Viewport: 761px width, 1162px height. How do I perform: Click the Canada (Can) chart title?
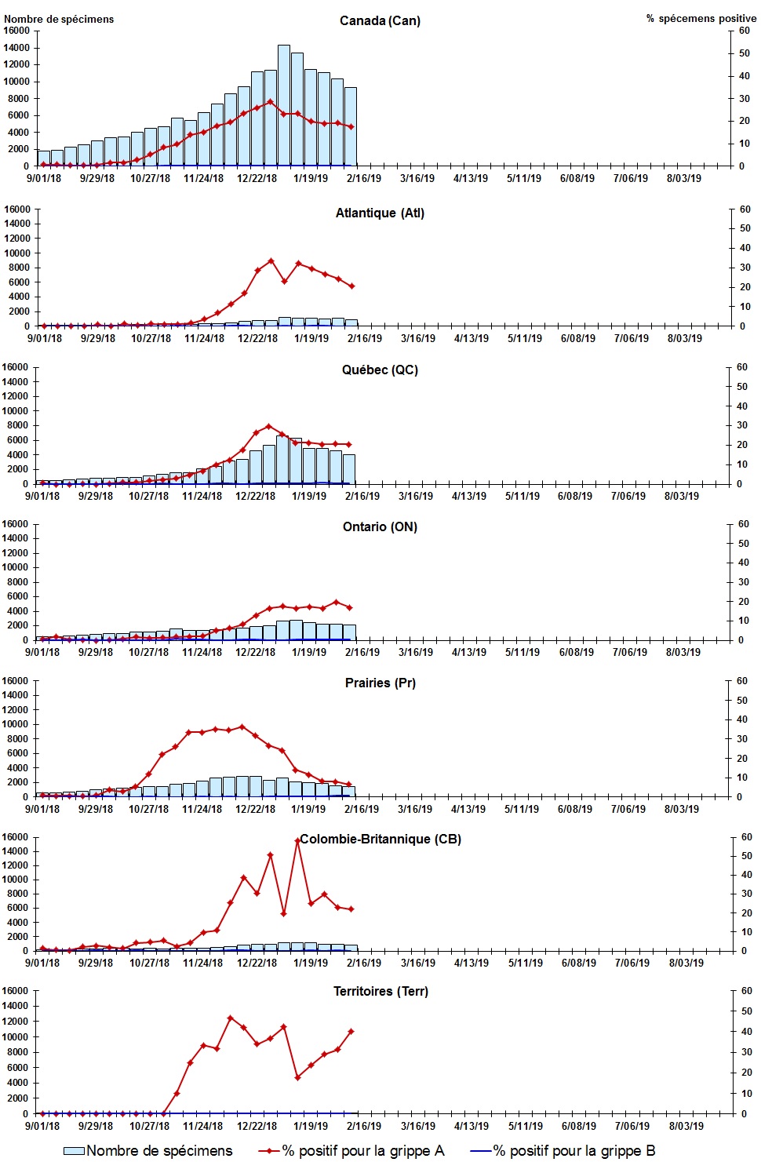380,20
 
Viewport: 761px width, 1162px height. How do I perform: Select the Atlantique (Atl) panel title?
380,213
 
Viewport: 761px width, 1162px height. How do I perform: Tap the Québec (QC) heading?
380,370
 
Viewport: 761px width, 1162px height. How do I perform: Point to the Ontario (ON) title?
380,526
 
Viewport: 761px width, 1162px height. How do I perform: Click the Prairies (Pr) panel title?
380,683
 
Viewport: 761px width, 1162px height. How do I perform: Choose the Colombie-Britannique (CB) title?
380,839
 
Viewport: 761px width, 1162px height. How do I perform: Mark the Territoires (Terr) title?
380,991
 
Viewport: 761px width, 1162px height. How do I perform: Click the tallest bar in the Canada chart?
284,106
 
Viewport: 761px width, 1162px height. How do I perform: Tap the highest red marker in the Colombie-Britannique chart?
297,840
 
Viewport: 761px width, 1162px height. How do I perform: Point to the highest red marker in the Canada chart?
271,101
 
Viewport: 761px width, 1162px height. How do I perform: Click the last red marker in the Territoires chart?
351,1031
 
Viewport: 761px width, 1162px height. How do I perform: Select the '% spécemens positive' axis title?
701,18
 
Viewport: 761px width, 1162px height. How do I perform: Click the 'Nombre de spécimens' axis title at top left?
59,19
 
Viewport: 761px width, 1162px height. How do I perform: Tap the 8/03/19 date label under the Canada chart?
684,178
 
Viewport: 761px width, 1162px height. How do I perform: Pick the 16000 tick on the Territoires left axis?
16,990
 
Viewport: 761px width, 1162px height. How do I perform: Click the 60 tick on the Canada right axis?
745,31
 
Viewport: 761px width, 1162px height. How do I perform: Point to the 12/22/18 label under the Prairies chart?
256,809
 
